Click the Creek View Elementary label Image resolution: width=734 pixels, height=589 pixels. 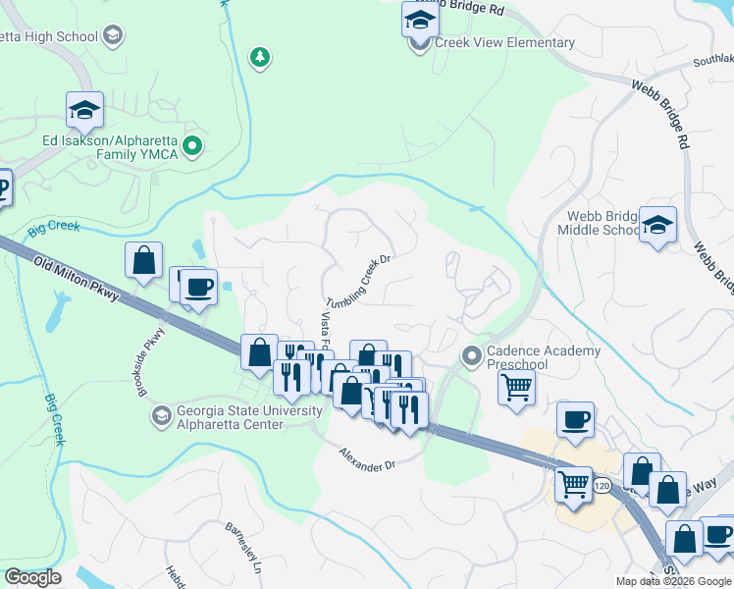pos(505,43)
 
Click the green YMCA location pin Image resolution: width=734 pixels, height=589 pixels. pos(193,148)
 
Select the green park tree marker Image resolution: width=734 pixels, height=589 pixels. pos(259,58)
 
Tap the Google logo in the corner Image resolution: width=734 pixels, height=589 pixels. pos(32,577)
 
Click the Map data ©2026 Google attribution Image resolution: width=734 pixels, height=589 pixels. pos(673,581)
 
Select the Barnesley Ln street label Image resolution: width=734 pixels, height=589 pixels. pos(245,548)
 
